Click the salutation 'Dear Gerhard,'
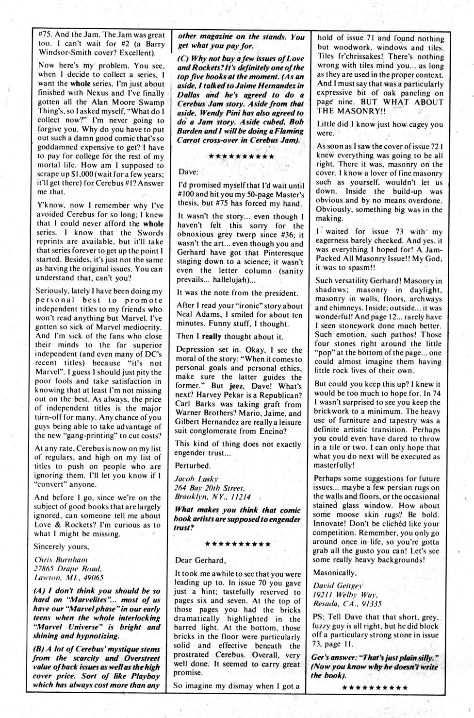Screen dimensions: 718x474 click(199, 560)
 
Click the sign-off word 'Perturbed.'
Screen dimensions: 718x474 click(193, 465)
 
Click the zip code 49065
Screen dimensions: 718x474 click(90, 578)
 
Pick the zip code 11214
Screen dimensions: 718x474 click(238, 497)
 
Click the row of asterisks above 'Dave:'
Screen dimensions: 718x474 click(240, 157)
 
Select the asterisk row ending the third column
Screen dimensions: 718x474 click(375, 687)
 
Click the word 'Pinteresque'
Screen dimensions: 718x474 click(279, 253)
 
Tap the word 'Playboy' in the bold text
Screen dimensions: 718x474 click(142, 676)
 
